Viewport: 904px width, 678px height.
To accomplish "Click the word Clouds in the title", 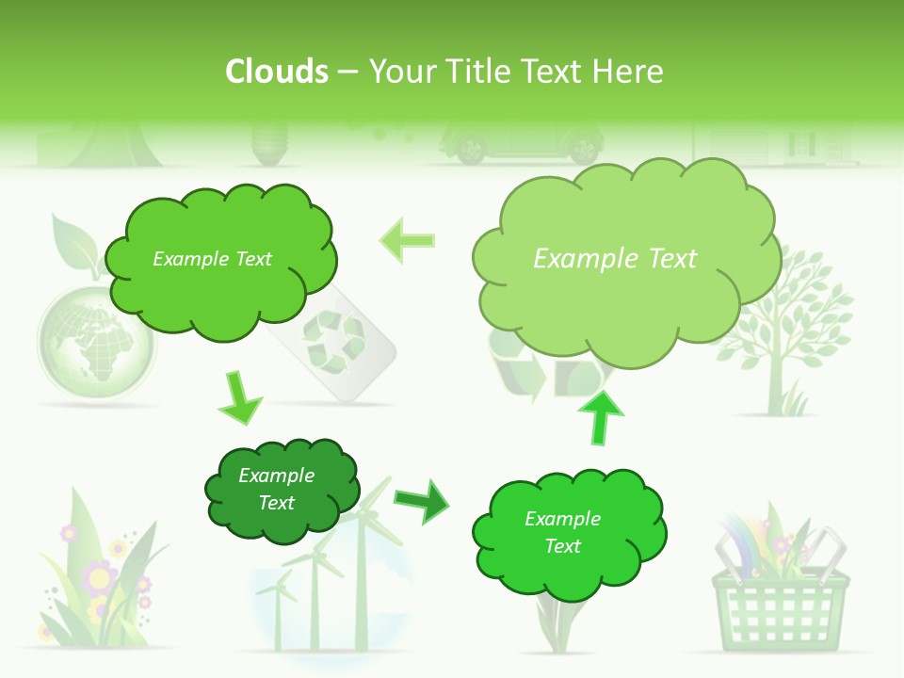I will point(276,72).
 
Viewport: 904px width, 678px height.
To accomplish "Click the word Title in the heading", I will point(481,72).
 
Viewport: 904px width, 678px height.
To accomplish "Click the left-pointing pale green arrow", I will point(408,240).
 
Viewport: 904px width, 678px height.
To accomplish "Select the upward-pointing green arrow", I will point(600,416).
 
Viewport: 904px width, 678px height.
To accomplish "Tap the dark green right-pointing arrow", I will point(422,500).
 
